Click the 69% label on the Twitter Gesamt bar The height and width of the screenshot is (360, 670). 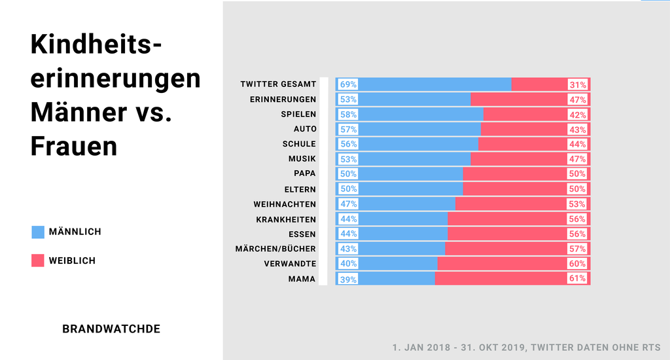click(x=348, y=84)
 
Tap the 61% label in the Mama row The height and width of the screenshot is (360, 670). click(x=577, y=279)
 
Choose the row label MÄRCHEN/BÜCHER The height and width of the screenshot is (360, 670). click(x=275, y=249)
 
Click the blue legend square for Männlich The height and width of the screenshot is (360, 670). click(x=38, y=232)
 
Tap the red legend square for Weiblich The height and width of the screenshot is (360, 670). click(x=38, y=261)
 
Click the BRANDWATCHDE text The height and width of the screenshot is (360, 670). click(x=111, y=329)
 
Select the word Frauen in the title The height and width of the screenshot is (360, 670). click(x=74, y=146)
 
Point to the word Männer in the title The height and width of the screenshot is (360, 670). click(x=79, y=113)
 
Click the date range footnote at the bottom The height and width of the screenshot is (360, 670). click(x=526, y=346)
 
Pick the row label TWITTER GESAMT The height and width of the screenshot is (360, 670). click(x=278, y=84)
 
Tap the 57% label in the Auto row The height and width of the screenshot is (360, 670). click(x=348, y=130)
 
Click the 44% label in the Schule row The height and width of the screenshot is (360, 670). click(x=577, y=144)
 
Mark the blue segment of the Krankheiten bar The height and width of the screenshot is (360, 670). click(x=402, y=219)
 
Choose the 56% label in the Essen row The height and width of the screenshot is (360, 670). click(x=577, y=234)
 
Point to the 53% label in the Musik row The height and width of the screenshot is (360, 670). click(x=348, y=159)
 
